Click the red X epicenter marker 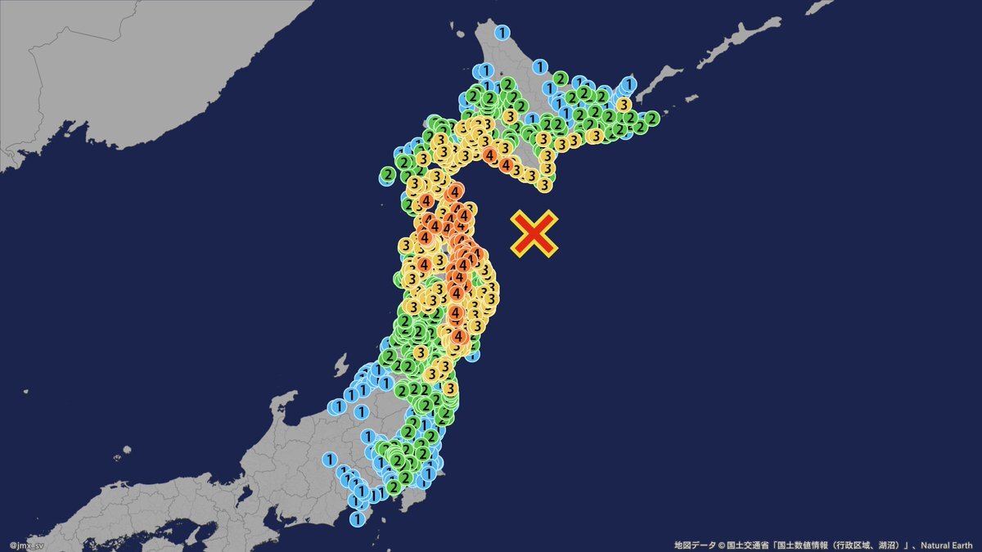(x=534, y=233)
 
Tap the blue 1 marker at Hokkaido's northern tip (x=502, y=33)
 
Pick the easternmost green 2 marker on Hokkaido (x=651, y=119)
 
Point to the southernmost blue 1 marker (x=357, y=518)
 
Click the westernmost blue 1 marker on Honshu (x=329, y=460)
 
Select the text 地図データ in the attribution (x=692, y=544)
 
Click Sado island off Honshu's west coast (x=340, y=366)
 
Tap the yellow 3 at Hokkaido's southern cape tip (x=545, y=185)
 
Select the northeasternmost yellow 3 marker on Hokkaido (x=624, y=105)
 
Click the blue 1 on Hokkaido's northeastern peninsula (x=628, y=83)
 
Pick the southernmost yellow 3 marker (x=449, y=388)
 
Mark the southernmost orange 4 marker (x=459, y=336)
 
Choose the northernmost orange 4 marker (x=489, y=154)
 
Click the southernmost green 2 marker (x=394, y=487)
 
